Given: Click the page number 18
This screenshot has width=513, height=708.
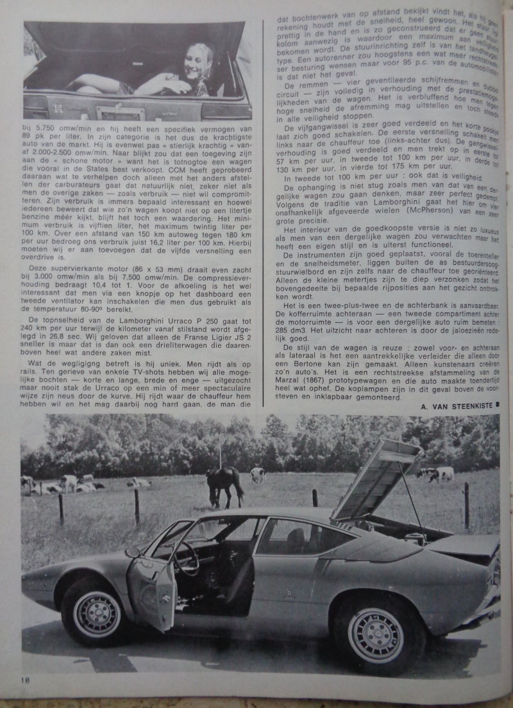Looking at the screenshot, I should (x=25, y=680).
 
